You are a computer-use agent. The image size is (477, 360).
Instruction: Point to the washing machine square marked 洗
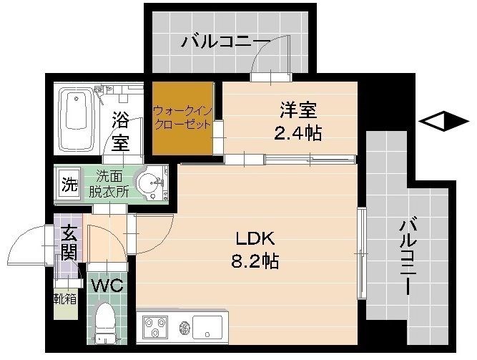click(x=68, y=184)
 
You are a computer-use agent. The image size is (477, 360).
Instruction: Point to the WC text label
click(x=108, y=284)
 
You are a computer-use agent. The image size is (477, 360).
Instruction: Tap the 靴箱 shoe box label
click(x=64, y=298)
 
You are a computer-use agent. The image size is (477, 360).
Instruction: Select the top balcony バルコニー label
click(x=225, y=41)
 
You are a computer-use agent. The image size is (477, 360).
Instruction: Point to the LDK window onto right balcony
click(x=362, y=254)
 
